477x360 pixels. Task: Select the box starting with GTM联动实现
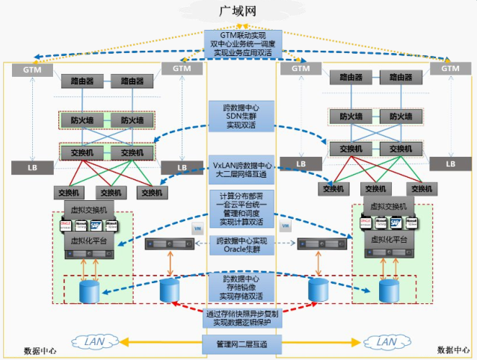click(x=243, y=44)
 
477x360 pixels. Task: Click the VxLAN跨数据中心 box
click(x=242, y=170)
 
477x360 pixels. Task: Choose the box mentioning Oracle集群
click(x=242, y=245)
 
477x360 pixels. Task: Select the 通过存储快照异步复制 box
click(x=242, y=318)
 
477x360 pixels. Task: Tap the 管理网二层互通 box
click(x=242, y=344)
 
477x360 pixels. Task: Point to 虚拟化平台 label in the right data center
click(x=389, y=240)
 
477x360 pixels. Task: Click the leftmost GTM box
click(x=32, y=69)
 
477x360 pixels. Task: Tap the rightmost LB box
click(x=450, y=164)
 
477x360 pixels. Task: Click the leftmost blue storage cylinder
click(x=92, y=290)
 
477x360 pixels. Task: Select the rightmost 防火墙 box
click(x=396, y=117)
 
